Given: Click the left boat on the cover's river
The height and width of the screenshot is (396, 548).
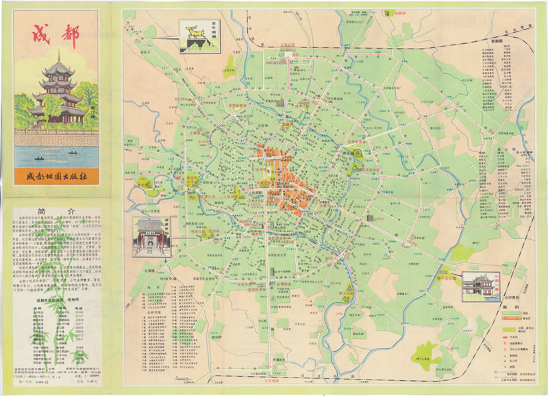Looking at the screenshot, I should pos(38,160).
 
